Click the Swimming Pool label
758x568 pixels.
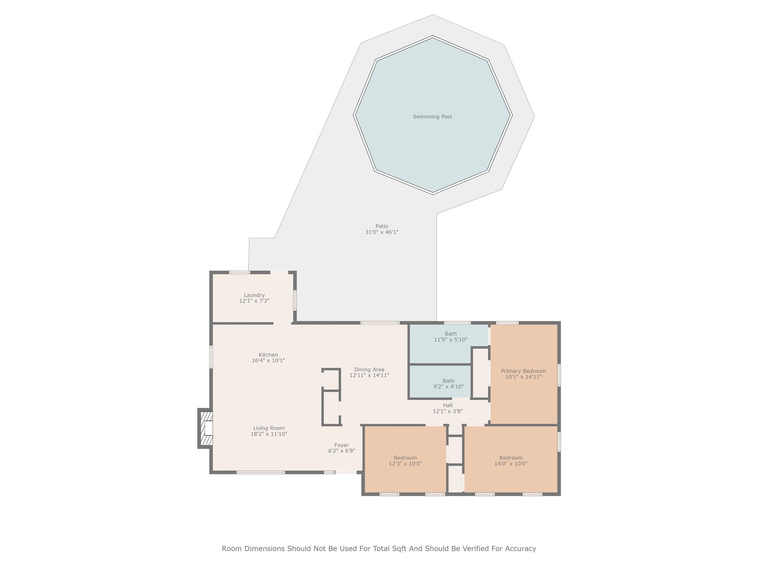click(432, 116)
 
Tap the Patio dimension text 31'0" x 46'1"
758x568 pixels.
click(382, 232)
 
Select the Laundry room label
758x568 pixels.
click(254, 295)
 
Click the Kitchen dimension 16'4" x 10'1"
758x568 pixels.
click(268, 361)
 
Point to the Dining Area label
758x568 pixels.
click(369, 369)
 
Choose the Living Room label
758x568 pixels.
click(269, 428)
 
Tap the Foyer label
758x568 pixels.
click(341, 445)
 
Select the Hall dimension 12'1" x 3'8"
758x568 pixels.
click(447, 411)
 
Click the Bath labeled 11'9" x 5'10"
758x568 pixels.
click(450, 337)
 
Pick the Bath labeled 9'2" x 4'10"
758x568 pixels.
click(448, 383)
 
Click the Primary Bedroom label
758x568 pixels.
click(523, 371)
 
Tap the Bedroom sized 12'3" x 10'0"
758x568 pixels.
click(405, 460)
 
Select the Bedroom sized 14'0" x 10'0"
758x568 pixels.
click(511, 460)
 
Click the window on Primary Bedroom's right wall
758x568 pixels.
click(559, 375)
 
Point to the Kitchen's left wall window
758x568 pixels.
click(211, 357)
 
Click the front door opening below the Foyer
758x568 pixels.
click(346, 472)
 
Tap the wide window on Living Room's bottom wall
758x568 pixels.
click(261, 472)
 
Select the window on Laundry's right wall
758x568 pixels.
click(295, 300)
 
